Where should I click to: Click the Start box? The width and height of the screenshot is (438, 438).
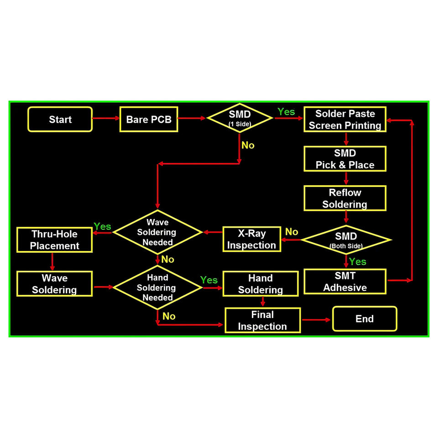click(x=60, y=120)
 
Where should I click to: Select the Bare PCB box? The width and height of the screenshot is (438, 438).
click(x=148, y=120)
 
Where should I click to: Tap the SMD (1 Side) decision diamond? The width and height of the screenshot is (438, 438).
click(x=240, y=118)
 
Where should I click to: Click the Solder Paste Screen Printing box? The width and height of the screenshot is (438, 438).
click(x=345, y=120)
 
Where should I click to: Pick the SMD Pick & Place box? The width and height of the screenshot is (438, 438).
click(x=345, y=159)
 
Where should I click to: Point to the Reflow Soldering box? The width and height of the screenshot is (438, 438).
click(x=345, y=198)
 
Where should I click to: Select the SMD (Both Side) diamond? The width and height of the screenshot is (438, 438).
click(x=345, y=240)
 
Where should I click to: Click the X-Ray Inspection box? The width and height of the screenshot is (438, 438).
click(x=251, y=240)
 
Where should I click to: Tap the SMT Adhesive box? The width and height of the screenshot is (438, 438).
click(x=345, y=282)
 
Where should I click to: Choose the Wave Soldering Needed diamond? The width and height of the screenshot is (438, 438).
click(x=157, y=232)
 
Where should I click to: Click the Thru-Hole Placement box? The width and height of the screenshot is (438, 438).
click(x=55, y=240)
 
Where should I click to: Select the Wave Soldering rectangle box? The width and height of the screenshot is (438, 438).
click(x=55, y=284)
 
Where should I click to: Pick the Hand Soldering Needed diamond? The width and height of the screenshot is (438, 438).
click(x=157, y=287)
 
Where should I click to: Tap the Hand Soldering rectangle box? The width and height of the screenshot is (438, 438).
click(x=261, y=284)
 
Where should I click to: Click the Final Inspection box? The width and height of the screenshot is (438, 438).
click(x=262, y=320)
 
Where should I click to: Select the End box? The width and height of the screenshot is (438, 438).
click(x=365, y=318)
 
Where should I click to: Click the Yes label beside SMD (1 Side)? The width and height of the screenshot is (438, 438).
click(x=287, y=112)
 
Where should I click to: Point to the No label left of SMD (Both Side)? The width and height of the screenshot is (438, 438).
click(x=292, y=232)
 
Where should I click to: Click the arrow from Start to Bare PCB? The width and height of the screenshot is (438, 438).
click(x=106, y=118)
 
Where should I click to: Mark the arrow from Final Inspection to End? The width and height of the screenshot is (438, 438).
click(x=316, y=319)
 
